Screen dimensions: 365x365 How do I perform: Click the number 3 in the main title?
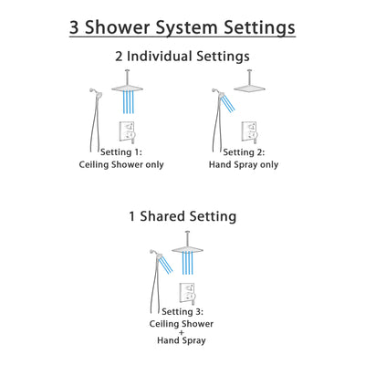point(78,26)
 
